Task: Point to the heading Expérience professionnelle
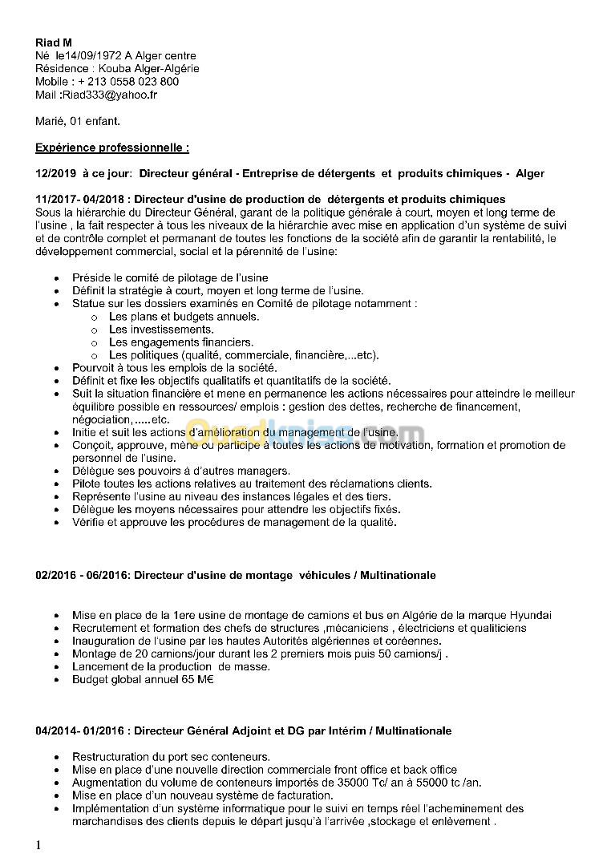pos(112,148)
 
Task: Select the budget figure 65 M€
pos(194,679)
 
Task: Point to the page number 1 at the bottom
pos(38,845)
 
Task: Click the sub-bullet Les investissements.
pos(161,329)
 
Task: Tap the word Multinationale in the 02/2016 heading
pos(398,575)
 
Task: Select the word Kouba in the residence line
pos(115,68)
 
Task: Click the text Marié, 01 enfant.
pos(78,121)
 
